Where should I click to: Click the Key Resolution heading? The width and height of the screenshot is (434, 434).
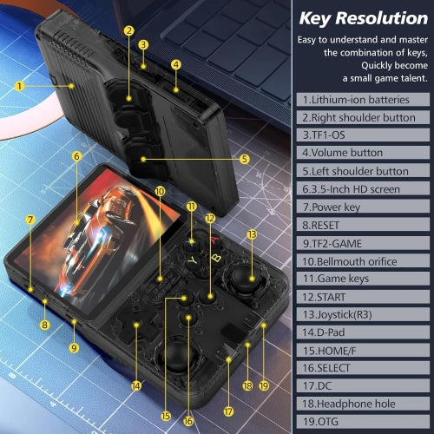pos(362,17)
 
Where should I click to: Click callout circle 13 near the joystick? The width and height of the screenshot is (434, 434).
pos(252,234)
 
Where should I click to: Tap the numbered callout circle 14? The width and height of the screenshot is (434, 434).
pos(135,385)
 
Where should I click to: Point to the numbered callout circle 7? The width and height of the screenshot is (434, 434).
pos(30,220)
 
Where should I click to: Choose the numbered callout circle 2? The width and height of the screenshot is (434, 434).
pos(128,30)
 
